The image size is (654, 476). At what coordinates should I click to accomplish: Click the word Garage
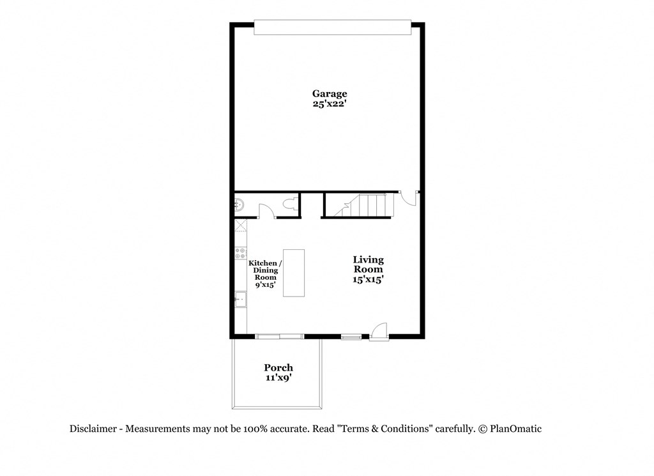pos(330,93)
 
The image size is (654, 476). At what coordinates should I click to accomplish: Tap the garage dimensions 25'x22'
pos(330,104)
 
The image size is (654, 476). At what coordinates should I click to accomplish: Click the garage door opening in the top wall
pos(330,27)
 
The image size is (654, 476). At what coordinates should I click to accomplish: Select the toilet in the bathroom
pos(289,205)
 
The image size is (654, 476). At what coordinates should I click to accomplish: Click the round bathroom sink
pos(240,205)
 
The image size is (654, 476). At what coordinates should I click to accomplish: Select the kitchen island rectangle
pos(294,273)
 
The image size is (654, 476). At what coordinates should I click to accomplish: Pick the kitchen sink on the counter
pos(241,299)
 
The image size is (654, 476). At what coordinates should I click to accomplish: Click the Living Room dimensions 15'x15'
pos(369,279)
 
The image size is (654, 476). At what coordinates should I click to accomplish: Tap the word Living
pos(369,259)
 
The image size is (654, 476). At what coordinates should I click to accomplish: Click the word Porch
pos(278,367)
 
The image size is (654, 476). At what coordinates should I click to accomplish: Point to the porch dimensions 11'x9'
pos(278,378)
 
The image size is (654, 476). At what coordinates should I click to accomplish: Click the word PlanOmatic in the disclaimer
pos(515,429)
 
